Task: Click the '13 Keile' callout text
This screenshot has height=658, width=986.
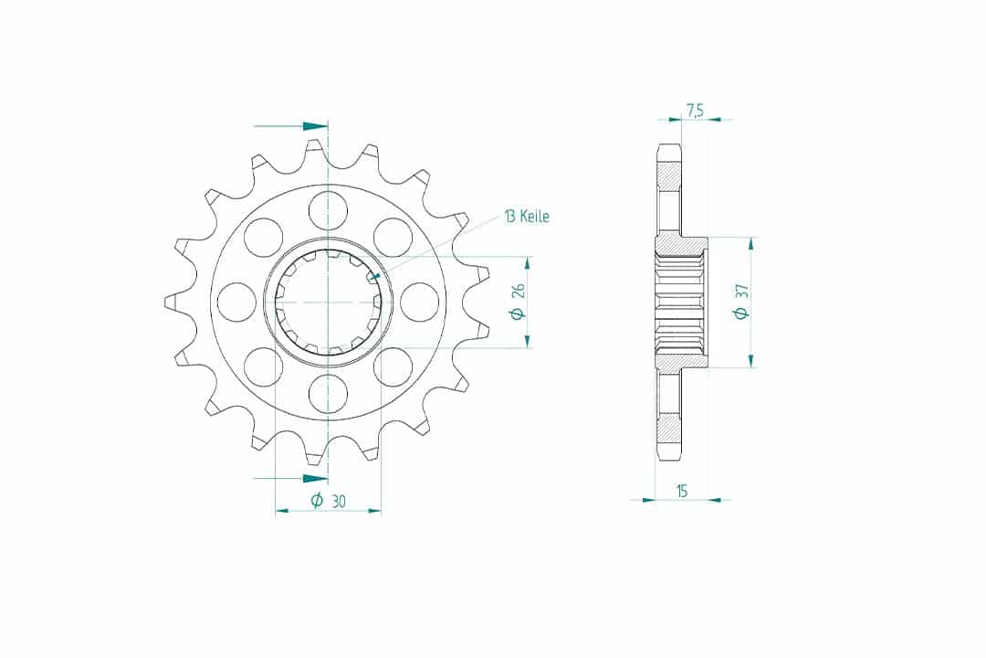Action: [527, 217]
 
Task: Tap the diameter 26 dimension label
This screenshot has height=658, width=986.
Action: [518, 302]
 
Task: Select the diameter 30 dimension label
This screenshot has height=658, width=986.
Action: [329, 501]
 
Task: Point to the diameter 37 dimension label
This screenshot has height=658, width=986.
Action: [741, 302]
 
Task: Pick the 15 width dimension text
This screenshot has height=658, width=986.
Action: [682, 491]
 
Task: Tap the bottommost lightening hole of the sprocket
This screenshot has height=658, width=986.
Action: [329, 393]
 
